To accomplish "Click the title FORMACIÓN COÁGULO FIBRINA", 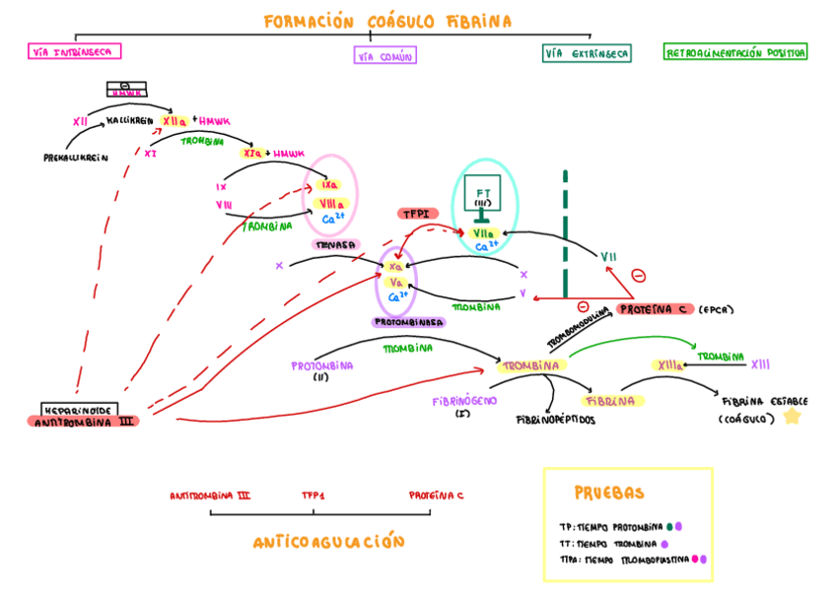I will coord(387,22).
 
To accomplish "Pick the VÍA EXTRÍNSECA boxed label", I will coord(587,53).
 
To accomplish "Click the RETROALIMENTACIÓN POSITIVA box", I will coord(735,53).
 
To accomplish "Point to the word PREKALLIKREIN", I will coord(76,157).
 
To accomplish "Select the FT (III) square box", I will coord(483,197).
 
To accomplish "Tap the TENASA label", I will coord(332,244).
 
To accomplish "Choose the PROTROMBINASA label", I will coord(408,322).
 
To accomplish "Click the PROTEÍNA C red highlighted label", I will coord(656,309).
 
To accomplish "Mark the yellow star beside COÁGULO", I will coord(791,417).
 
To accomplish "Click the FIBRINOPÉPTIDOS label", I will coord(556,419).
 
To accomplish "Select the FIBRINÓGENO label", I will coord(464,401).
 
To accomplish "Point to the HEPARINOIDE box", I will coord(80,409).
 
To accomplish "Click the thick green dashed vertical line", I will coord(565,231).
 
